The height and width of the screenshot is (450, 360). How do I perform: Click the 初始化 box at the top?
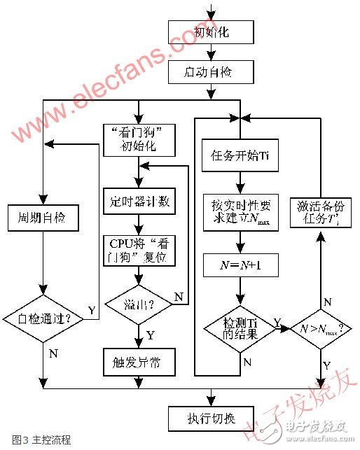click(209, 32)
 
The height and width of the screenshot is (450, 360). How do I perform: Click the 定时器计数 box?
click(139, 202)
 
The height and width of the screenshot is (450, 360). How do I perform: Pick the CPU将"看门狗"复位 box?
click(139, 251)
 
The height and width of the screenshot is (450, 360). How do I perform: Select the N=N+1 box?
click(240, 265)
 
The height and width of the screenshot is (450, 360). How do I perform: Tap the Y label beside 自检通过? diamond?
click(92, 309)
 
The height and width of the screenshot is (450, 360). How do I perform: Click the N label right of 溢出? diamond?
click(178, 297)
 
